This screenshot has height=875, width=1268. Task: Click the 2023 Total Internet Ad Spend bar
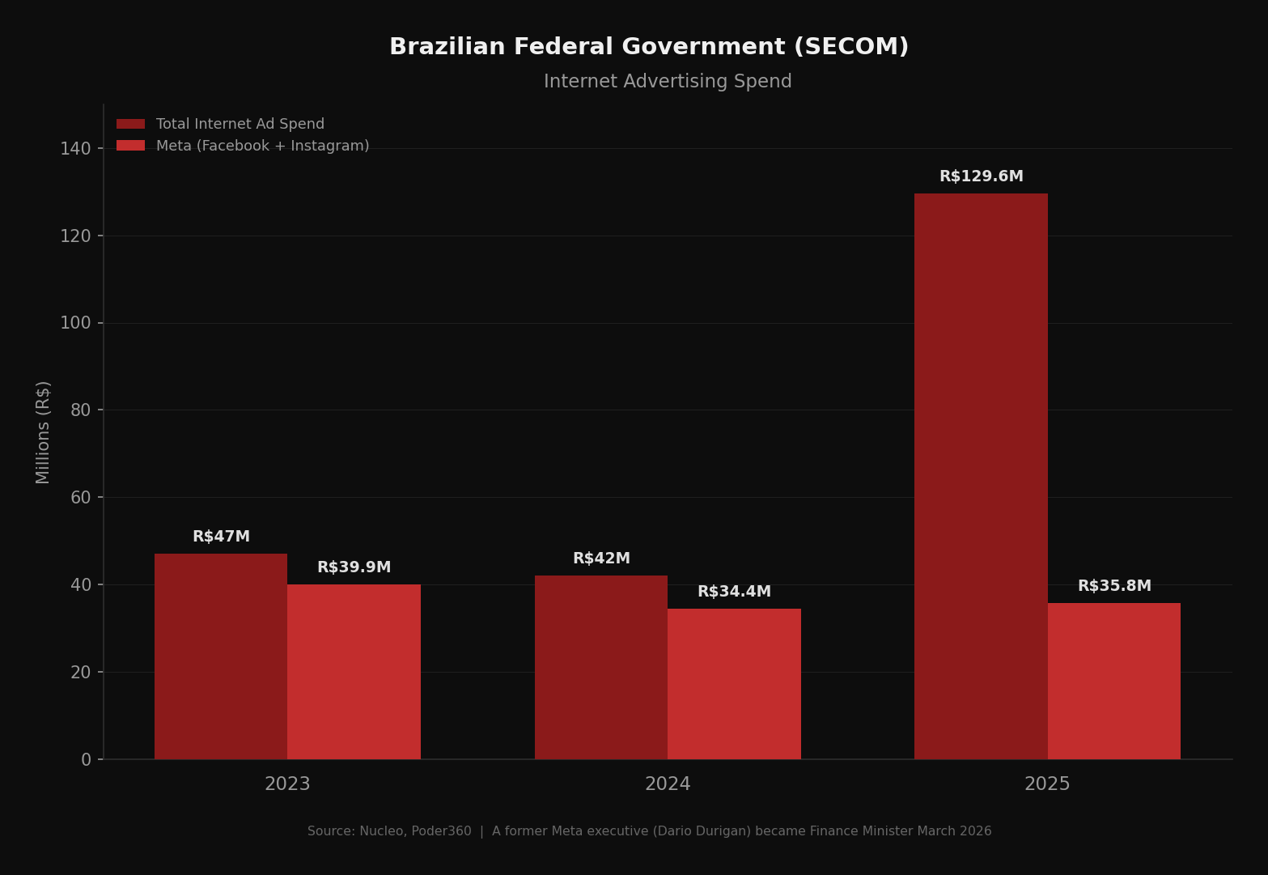point(221,656)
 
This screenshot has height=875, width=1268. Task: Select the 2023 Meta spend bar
point(354,672)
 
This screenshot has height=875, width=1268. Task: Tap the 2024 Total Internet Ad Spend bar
point(601,667)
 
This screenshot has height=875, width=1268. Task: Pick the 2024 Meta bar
point(734,684)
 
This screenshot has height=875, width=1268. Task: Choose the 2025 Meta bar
point(1113,681)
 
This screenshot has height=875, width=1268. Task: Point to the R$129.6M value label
point(981,176)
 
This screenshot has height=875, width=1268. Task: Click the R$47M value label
point(221,537)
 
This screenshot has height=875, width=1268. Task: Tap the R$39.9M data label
point(354,567)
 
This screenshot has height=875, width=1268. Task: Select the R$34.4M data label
point(734,592)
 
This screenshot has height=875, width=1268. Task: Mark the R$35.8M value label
point(1113,586)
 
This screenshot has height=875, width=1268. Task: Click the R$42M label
point(601,559)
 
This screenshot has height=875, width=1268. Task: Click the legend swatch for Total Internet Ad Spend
point(130,124)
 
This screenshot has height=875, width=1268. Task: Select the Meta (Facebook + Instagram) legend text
point(262,146)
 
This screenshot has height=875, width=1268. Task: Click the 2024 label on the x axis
point(668,784)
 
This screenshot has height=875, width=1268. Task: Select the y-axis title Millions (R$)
point(44,432)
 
